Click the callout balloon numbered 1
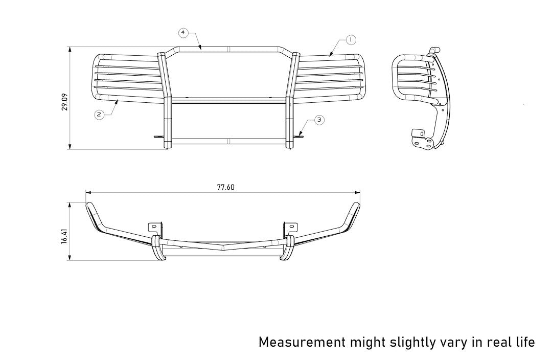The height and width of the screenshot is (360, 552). (x=350, y=39)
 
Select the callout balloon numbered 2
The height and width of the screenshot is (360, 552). (x=99, y=115)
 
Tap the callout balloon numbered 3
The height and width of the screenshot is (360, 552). (x=318, y=120)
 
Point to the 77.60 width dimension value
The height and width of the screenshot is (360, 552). (x=225, y=187)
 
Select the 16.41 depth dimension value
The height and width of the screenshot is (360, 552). (x=64, y=235)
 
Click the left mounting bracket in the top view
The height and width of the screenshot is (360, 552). (x=154, y=228)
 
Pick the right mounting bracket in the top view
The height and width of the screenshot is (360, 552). (x=290, y=228)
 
